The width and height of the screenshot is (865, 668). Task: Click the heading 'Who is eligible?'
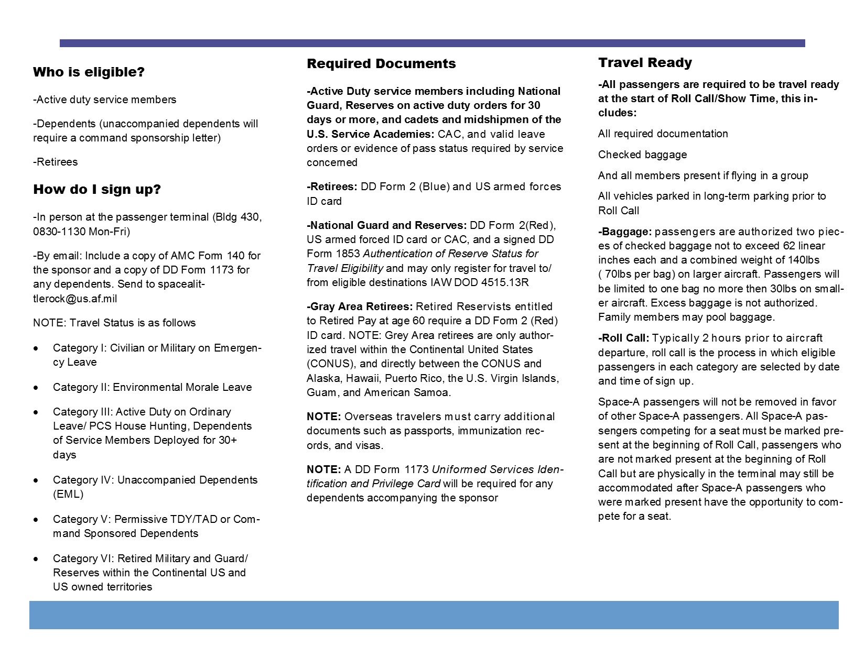pos(89,72)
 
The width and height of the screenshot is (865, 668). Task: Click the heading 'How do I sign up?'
pos(97,190)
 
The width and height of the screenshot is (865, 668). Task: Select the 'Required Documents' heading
pos(381,64)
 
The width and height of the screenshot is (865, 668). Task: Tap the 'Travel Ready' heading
pos(645,63)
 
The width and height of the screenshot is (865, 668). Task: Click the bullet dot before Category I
pos(36,348)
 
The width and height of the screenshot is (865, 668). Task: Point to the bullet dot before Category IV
pos(36,480)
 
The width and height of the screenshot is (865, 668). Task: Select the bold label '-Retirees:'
pos(332,187)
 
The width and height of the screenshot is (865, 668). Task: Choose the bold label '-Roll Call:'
pos(623,338)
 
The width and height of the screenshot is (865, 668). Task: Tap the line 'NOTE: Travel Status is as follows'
pos(114,323)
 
